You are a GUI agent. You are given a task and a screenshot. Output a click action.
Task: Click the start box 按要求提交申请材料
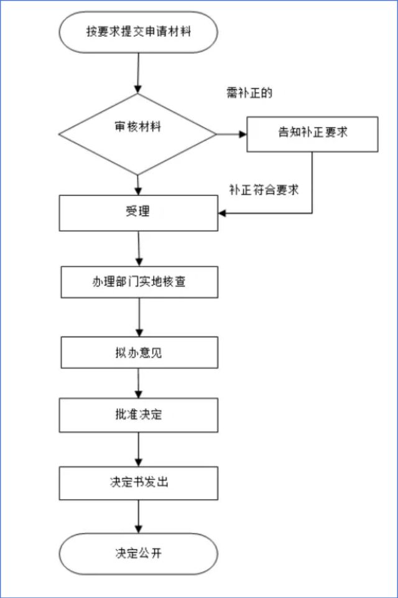[138, 32]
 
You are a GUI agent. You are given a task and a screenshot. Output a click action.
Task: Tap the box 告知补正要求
[312, 133]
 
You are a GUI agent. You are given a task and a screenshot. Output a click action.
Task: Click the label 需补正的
[250, 94]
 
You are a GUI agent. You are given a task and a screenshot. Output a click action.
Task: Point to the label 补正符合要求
[264, 190]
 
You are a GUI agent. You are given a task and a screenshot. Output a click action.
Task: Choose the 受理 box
[138, 212]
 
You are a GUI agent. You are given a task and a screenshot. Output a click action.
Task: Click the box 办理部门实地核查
[138, 282]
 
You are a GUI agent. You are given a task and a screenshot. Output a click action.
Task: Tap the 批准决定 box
[138, 414]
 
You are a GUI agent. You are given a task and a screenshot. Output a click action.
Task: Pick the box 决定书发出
[138, 482]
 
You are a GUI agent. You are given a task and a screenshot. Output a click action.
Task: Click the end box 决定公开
[138, 552]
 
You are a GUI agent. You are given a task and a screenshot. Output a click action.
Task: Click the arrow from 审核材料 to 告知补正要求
[231, 134]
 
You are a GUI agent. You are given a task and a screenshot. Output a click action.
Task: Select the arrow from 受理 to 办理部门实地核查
[138, 248]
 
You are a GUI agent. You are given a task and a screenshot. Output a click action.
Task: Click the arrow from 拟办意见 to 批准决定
[138, 383]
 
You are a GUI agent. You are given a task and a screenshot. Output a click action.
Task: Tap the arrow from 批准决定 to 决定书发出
[138, 449]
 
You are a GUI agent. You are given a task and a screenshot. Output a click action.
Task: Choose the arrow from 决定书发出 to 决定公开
[138, 516]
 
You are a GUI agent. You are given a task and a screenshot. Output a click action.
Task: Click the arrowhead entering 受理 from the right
[223, 213]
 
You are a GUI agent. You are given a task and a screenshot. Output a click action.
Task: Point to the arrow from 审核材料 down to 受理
[137, 185]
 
